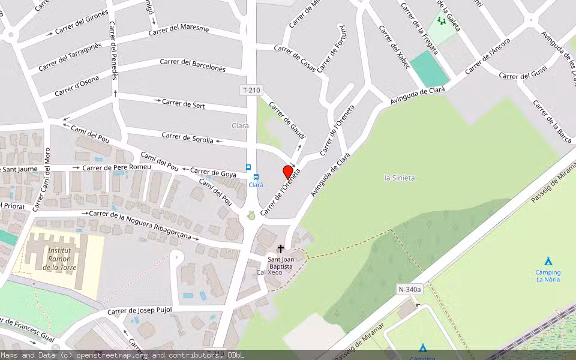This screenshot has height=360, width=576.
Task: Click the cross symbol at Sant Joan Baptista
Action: pyautogui.click(x=280, y=248)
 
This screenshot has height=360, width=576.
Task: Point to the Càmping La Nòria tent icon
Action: pyautogui.click(x=548, y=261)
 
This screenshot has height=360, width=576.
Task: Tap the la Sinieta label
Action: pyautogui.click(x=399, y=178)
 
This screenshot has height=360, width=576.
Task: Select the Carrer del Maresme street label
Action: pyautogui.click(x=179, y=29)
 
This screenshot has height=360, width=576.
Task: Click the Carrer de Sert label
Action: pyautogui.click(x=184, y=104)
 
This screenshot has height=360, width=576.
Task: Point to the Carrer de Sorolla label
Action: pyautogui.click(x=187, y=138)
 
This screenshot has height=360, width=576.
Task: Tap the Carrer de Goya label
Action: pyautogui.click(x=215, y=173)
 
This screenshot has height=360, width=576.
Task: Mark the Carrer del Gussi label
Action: pyautogui.click(x=523, y=76)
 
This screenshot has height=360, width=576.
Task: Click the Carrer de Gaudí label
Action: pyautogui.click(x=287, y=120)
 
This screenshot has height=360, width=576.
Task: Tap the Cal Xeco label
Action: pyautogui.click(x=269, y=272)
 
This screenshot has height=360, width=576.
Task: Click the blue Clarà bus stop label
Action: pyautogui.click(x=256, y=185)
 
